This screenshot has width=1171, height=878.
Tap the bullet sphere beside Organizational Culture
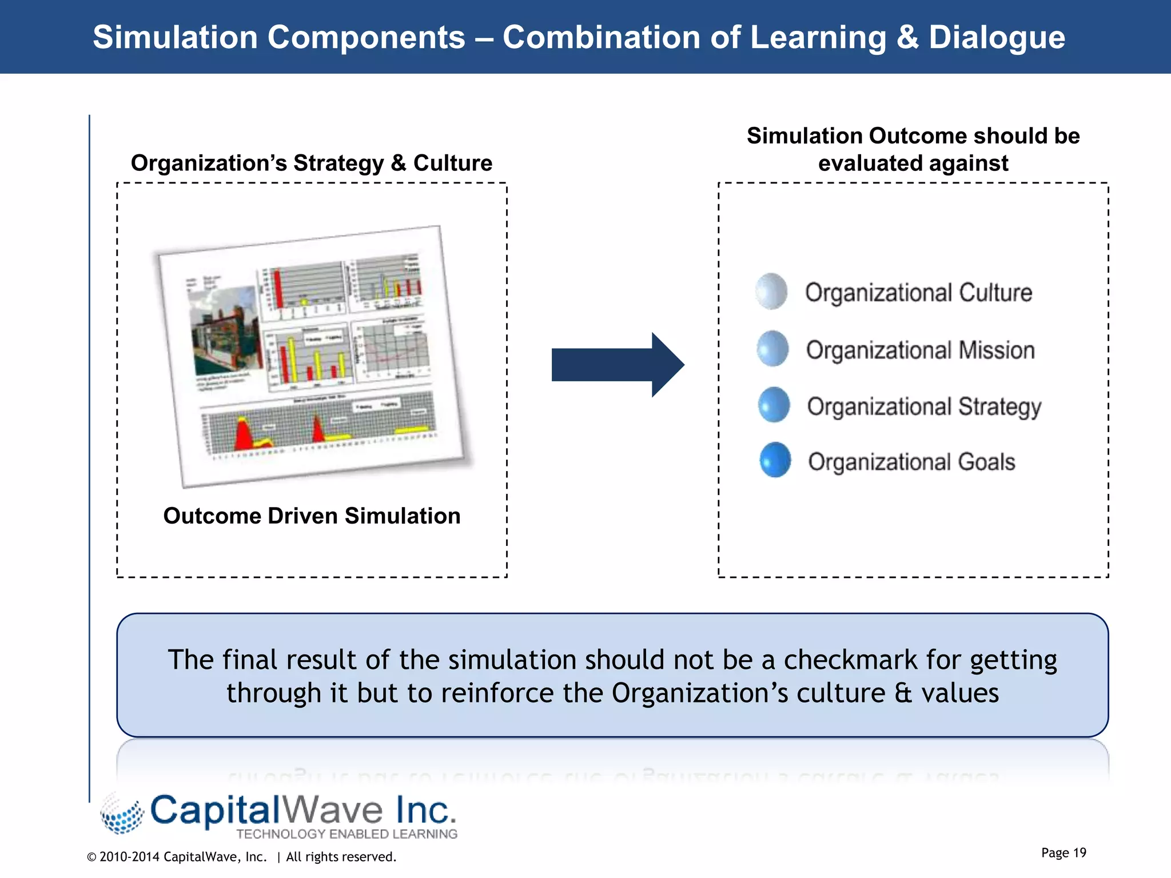point(771,292)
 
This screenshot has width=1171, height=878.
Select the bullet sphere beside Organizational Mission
point(772,349)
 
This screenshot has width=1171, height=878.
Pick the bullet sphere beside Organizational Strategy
point(774,405)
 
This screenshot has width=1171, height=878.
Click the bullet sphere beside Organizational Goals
point(775,460)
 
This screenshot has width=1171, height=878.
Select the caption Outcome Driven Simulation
point(312,516)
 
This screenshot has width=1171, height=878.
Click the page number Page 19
point(1063,853)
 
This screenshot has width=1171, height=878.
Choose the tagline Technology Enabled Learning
point(346,834)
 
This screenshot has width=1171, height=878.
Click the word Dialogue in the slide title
point(996,37)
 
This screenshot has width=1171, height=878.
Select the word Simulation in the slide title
point(175,37)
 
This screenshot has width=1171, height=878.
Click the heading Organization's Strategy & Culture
point(312,163)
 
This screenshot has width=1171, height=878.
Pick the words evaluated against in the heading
point(913,163)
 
